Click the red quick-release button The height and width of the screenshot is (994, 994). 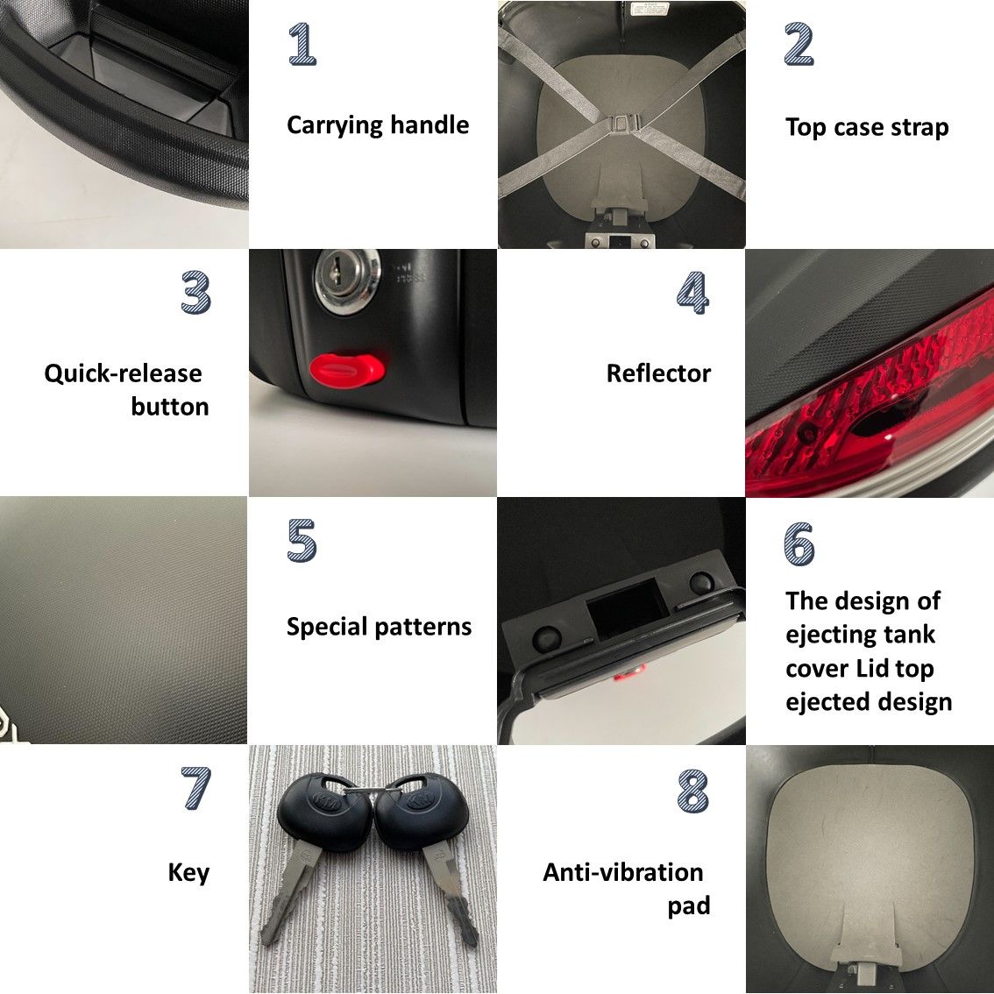(x=347, y=369)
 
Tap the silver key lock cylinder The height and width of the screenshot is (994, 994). (x=347, y=280)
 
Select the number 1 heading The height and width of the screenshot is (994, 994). (x=302, y=45)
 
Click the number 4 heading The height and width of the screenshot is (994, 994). (x=692, y=292)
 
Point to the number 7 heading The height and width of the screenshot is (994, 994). (x=195, y=788)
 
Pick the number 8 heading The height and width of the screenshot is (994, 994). (x=692, y=791)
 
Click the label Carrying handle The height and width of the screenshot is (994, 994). (x=378, y=124)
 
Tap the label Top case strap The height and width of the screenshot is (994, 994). (x=867, y=127)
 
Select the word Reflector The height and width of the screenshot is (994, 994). (x=658, y=373)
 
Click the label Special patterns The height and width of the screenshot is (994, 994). (x=379, y=627)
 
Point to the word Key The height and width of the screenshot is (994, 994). (x=188, y=873)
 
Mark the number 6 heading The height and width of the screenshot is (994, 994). (x=799, y=543)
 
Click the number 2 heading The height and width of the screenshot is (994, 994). (x=799, y=45)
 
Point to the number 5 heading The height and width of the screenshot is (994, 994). (x=302, y=540)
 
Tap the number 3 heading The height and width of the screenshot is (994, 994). (x=195, y=292)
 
